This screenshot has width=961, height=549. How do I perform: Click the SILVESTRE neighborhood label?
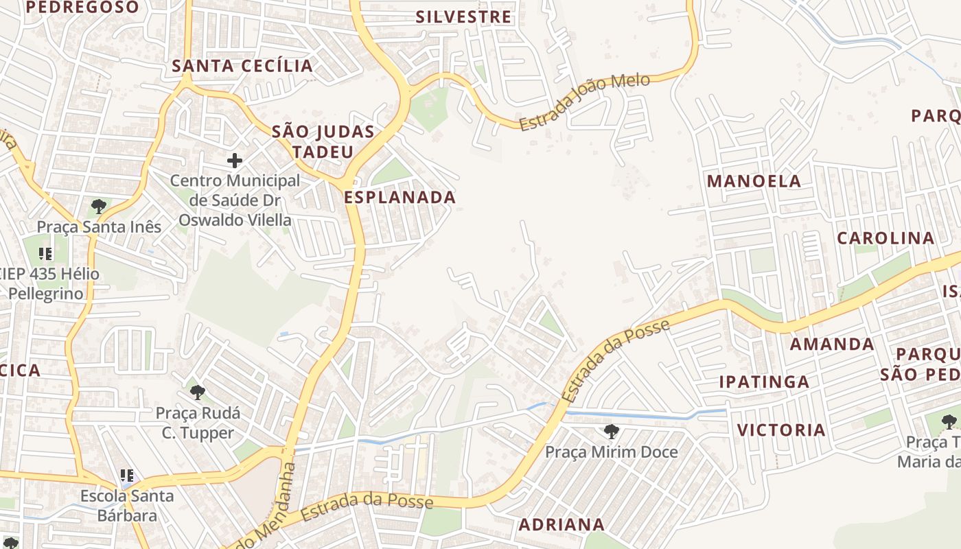click(464, 17)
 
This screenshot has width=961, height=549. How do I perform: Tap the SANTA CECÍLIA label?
click(242, 66)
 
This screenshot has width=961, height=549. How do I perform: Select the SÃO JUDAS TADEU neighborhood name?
click(323, 141)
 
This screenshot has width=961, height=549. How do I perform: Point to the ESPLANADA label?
click(400, 198)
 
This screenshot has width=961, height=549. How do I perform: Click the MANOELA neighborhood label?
click(754, 181)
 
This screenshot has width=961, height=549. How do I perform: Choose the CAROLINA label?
click(885, 238)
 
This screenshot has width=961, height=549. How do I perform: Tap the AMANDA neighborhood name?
click(832, 344)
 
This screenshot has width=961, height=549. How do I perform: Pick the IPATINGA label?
click(764, 382)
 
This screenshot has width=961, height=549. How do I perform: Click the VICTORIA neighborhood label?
click(781, 430)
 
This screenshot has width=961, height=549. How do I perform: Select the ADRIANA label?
click(561, 525)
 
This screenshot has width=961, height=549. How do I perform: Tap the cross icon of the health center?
click(235, 161)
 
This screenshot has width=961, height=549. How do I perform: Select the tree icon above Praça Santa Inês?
click(99, 206)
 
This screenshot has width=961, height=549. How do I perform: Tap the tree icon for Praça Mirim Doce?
click(611, 432)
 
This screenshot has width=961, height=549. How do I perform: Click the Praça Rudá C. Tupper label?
click(198, 423)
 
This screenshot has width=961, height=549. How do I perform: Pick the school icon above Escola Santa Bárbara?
click(127, 475)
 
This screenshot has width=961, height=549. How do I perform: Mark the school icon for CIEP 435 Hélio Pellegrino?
click(46, 254)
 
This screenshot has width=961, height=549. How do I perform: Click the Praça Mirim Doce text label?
click(611, 452)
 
